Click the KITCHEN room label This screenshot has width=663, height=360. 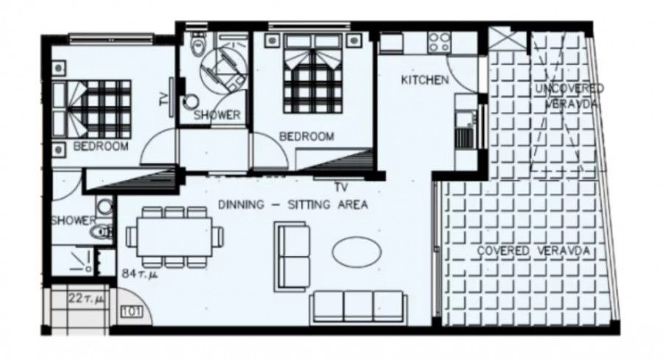click(424, 80)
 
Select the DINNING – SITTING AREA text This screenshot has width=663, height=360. click(293, 205)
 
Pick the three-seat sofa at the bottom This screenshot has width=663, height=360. click(358, 306)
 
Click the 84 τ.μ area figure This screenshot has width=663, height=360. click(141, 275)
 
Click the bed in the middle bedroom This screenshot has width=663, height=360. click(314, 80)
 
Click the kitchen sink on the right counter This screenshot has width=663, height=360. click(464, 137)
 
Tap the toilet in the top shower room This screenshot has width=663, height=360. click(197, 47)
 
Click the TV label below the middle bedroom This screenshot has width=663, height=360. click(340, 187)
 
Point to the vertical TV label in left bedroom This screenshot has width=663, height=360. click(164, 98)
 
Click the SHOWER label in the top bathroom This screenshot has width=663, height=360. click(217, 115)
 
